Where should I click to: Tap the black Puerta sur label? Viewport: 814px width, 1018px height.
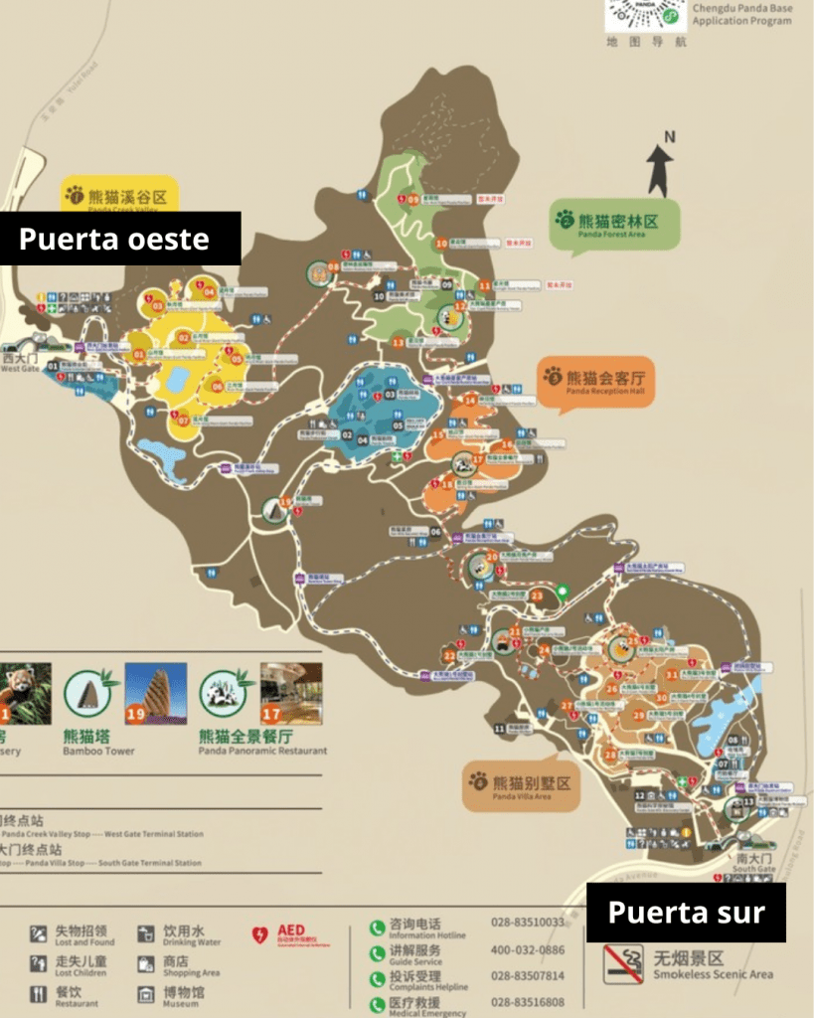click(686, 913)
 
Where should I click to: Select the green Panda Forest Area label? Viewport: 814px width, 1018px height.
click(616, 223)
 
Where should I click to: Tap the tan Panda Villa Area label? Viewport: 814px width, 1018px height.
click(521, 786)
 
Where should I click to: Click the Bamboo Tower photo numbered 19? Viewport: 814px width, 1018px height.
click(156, 694)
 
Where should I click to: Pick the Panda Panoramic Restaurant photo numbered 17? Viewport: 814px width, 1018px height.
click(291, 694)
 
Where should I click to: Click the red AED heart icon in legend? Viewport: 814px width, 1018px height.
click(260, 935)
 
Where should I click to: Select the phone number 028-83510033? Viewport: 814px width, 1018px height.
click(527, 923)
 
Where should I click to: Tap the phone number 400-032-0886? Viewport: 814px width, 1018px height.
click(527, 949)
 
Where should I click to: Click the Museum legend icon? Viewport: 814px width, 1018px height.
click(144, 992)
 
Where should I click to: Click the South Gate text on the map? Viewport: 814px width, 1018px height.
click(754, 869)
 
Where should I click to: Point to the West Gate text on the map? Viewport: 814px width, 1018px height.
click(19, 369)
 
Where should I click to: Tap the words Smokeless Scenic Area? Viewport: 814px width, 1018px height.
click(713, 974)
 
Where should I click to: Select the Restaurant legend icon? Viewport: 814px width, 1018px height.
click(39, 993)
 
